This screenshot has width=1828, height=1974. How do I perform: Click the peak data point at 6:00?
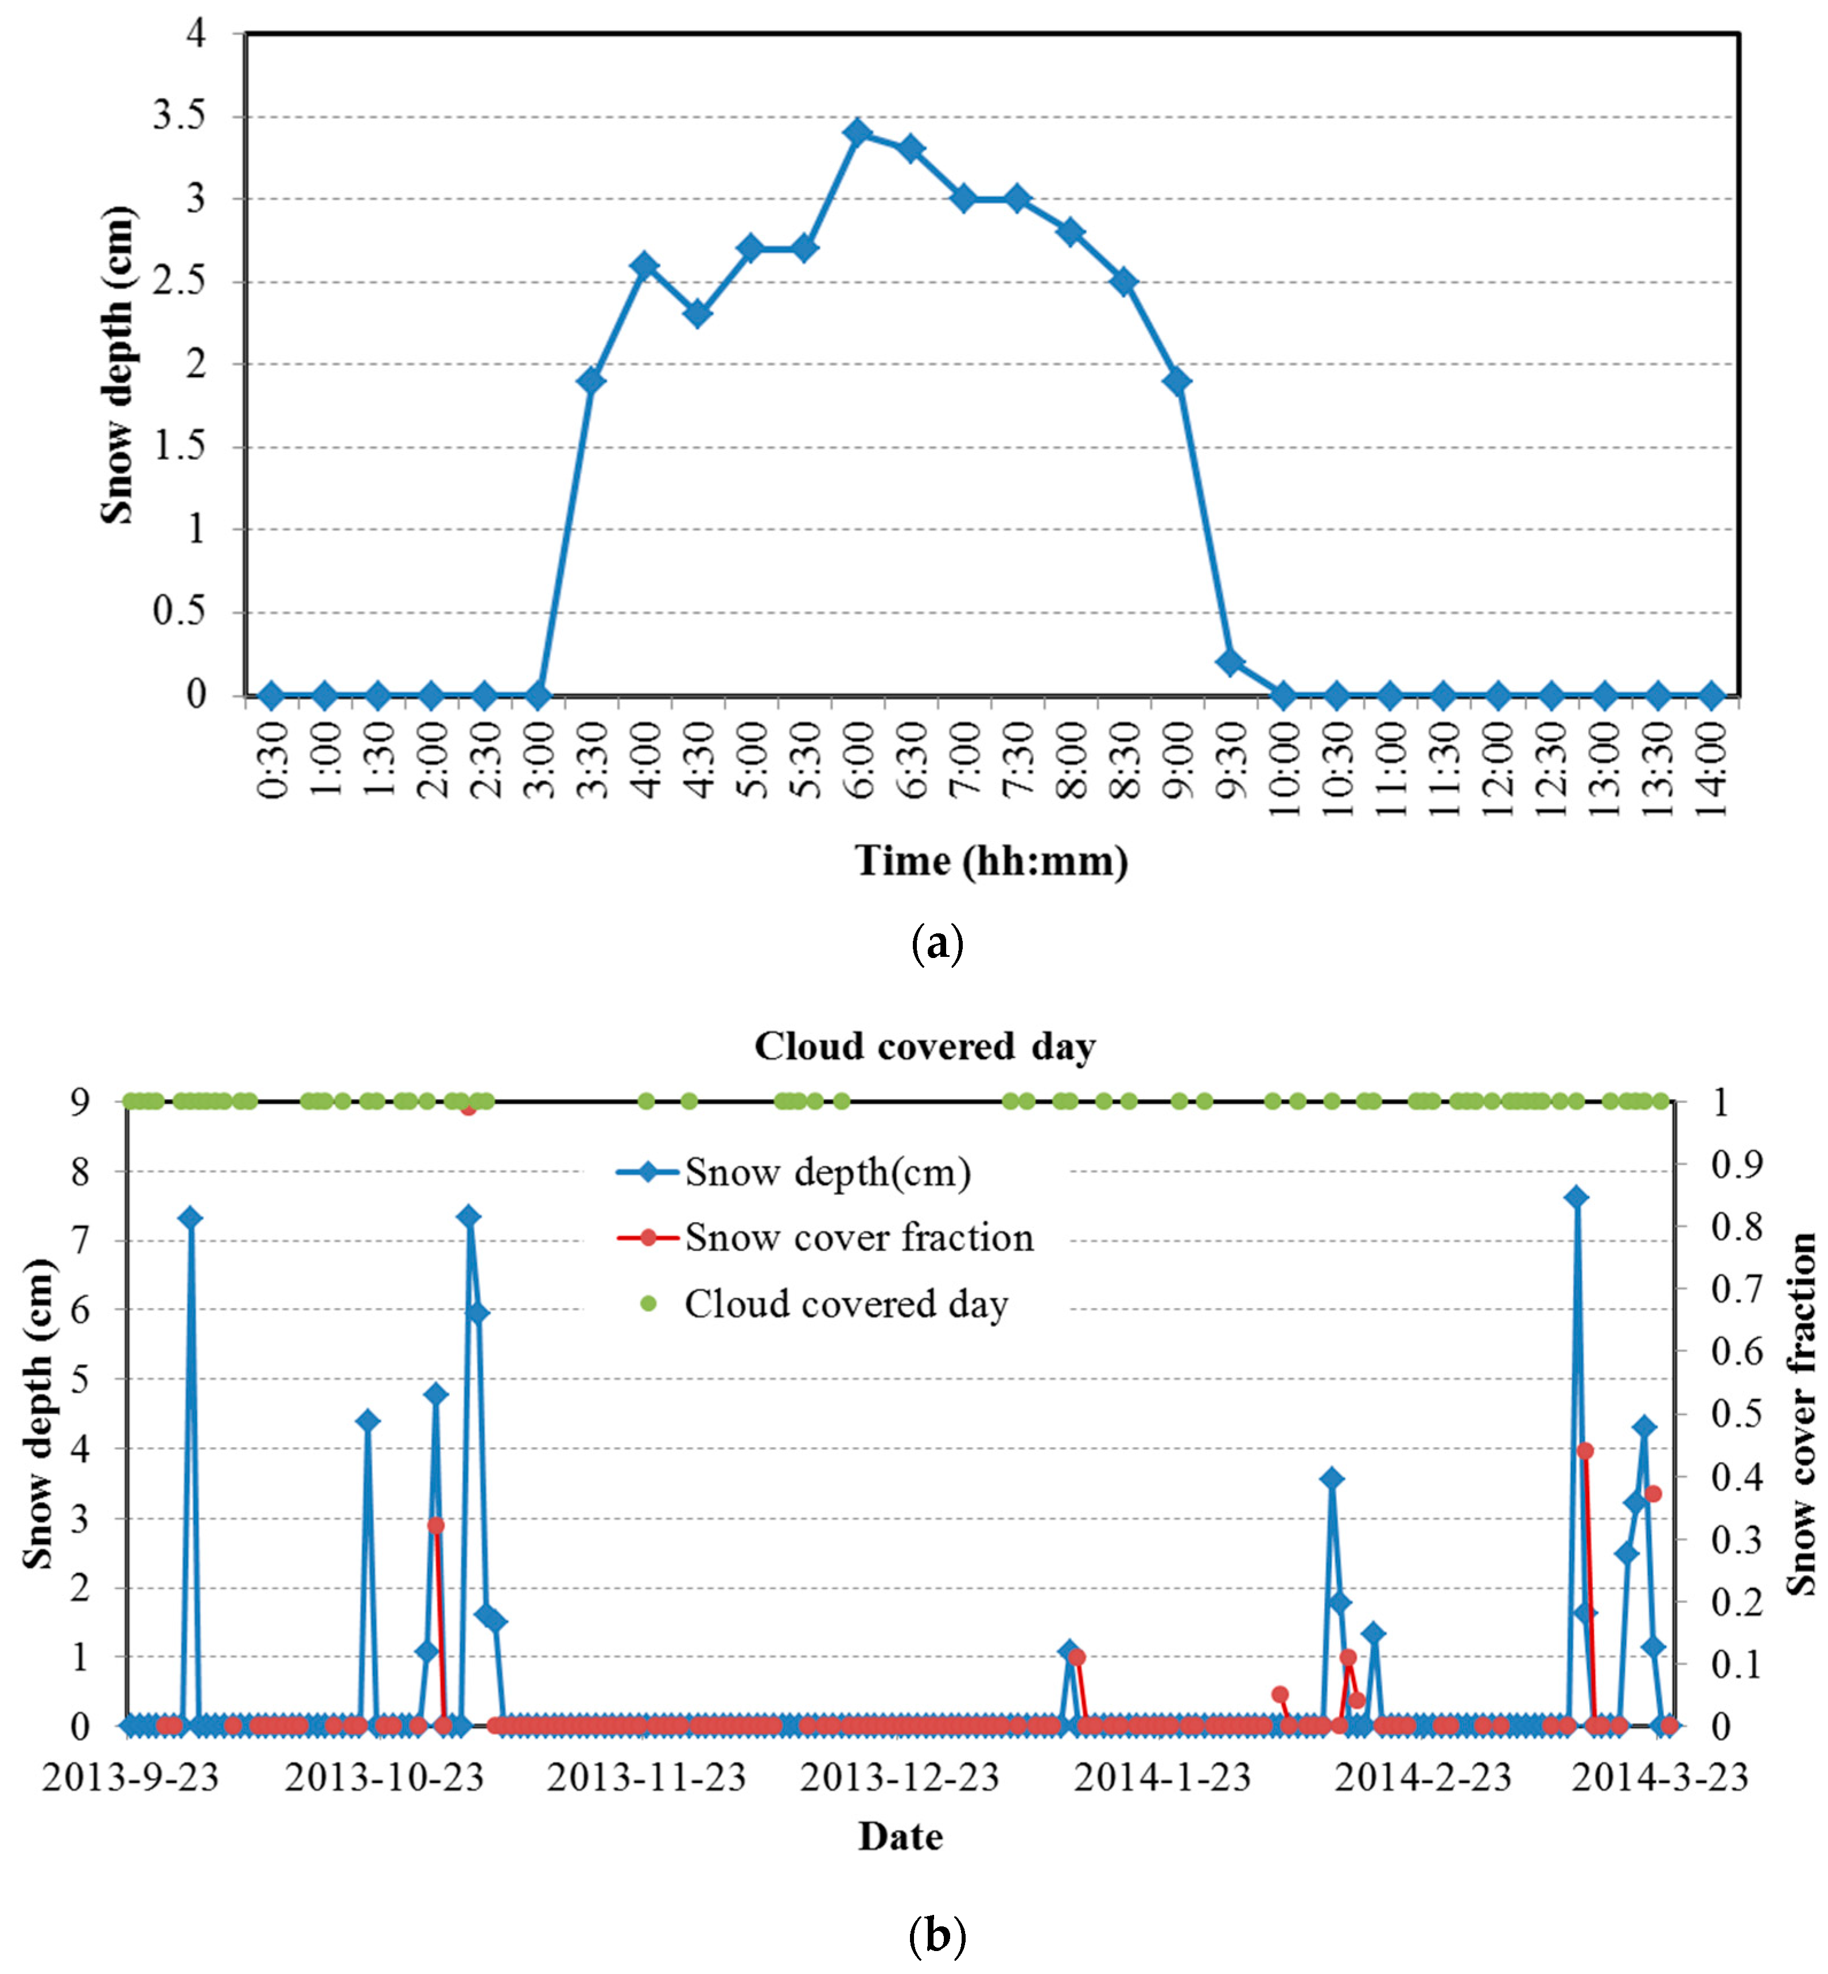pos(858,133)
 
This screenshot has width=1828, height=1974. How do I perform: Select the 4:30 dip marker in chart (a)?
pos(697,315)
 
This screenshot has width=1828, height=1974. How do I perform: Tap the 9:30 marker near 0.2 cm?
pos(1230,662)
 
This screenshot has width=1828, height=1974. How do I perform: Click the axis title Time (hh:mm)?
pos(991,861)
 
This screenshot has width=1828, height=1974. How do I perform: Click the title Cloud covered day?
pos(925,1046)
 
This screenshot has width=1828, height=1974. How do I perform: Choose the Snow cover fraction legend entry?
pos(858,1238)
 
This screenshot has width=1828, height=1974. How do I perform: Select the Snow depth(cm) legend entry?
pos(827,1173)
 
